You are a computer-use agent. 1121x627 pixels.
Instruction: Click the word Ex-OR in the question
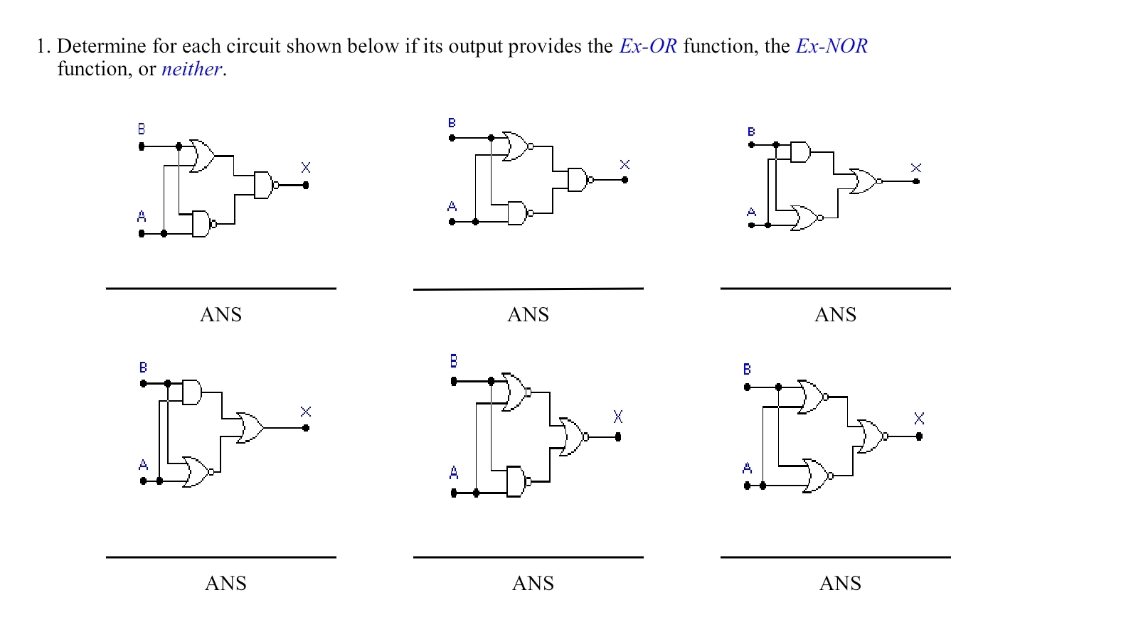(x=647, y=46)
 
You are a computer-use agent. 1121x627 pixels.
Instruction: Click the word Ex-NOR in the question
(x=831, y=46)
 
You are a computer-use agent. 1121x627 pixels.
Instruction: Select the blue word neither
(x=191, y=69)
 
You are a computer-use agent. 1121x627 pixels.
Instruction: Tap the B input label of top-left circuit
(x=141, y=129)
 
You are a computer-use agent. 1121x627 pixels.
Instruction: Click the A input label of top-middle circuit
(x=452, y=207)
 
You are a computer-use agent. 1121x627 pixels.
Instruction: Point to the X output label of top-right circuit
(x=915, y=168)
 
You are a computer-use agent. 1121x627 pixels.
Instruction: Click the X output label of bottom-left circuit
(x=306, y=412)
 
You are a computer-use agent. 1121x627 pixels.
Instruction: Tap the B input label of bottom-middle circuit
(x=453, y=361)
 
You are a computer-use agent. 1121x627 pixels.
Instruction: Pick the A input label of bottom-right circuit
(x=747, y=468)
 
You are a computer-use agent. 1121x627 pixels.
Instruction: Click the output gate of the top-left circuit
(x=263, y=185)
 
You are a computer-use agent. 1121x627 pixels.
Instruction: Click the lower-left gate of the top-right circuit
(x=806, y=218)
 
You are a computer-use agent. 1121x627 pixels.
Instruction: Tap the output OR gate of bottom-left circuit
(x=250, y=428)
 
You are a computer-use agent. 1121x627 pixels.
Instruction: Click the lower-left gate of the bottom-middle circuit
(x=517, y=482)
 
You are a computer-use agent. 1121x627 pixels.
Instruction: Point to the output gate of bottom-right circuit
(x=871, y=436)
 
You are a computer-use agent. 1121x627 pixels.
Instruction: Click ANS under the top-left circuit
(x=221, y=315)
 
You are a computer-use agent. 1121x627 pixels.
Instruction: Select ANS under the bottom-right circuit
(x=840, y=584)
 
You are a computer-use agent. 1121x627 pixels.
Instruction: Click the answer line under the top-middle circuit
(x=528, y=289)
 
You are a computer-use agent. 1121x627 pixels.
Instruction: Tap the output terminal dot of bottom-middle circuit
(x=617, y=437)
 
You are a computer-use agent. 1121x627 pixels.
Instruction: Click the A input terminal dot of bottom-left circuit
(x=144, y=481)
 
